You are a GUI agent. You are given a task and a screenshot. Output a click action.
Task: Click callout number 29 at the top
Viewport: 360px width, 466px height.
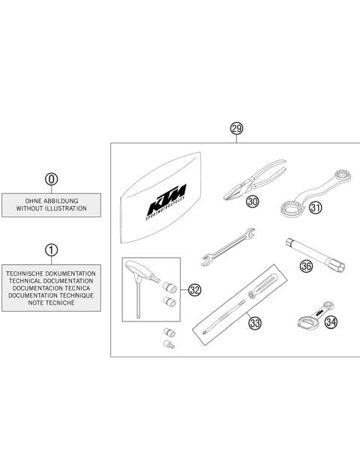pyautogui.click(x=237, y=129)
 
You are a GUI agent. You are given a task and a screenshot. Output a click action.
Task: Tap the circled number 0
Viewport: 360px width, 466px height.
pyautogui.click(x=51, y=180)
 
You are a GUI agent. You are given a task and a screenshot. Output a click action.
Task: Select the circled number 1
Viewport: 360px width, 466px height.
pyautogui.click(x=51, y=249)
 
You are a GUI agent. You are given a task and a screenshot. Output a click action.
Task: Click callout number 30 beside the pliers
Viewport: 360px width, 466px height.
pyautogui.click(x=253, y=202)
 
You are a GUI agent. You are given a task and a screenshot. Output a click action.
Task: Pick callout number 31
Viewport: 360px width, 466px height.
pyautogui.click(x=316, y=208)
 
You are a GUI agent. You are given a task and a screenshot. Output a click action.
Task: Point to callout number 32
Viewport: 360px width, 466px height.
pyautogui.click(x=195, y=290)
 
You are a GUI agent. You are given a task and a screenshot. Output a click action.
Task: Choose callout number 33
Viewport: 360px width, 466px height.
pyautogui.click(x=256, y=324)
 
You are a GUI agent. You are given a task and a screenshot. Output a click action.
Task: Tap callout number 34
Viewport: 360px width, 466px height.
pyautogui.click(x=331, y=322)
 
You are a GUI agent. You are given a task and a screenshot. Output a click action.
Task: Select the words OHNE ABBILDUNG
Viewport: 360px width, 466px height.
pyautogui.click(x=51, y=201)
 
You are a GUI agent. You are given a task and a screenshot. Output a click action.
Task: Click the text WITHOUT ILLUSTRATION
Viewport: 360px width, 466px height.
pyautogui.click(x=51, y=209)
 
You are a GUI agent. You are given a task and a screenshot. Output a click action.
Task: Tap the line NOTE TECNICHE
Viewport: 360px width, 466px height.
pyautogui.click(x=51, y=304)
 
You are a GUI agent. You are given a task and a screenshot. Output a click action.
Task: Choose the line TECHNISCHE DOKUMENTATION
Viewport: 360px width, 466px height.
pyautogui.click(x=51, y=273)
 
